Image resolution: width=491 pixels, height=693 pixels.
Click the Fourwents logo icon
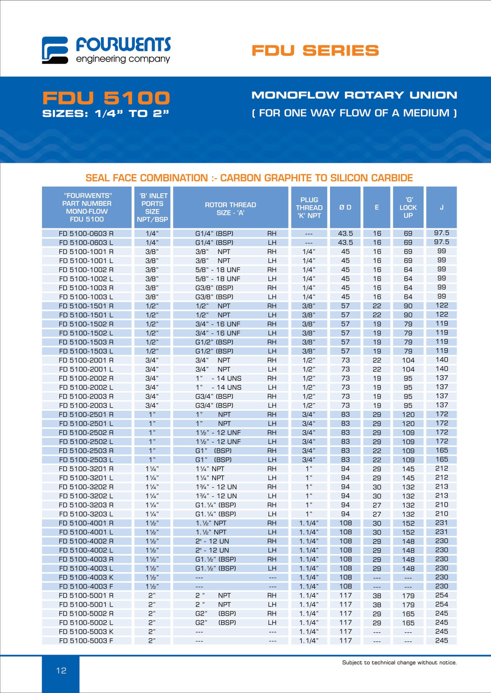click(x=55, y=50)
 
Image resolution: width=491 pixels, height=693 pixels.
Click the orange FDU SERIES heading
click(x=315, y=50)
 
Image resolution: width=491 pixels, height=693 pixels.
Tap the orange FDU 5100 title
click(x=106, y=98)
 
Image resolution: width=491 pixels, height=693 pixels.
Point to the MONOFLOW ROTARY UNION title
click(x=354, y=95)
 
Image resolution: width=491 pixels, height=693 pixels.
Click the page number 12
click(x=61, y=670)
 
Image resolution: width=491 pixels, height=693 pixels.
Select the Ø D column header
click(x=345, y=208)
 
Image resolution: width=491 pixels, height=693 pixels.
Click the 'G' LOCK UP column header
click(x=408, y=208)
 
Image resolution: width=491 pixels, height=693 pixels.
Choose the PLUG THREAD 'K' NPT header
click(x=309, y=208)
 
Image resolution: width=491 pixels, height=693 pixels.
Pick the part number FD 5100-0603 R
click(x=86, y=233)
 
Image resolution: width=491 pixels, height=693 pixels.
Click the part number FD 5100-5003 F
click(x=86, y=641)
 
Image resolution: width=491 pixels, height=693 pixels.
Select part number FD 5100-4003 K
click(x=86, y=577)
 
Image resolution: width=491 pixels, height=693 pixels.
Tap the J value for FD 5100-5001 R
click(x=441, y=595)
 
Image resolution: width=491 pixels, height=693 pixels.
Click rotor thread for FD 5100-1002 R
click(x=218, y=269)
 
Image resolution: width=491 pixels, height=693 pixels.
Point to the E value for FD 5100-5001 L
click(x=377, y=604)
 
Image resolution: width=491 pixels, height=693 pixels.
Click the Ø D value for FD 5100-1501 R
click(x=345, y=306)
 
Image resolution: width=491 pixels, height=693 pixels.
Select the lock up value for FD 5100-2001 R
click(x=408, y=360)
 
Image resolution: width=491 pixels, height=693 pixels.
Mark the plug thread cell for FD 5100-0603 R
click(x=309, y=234)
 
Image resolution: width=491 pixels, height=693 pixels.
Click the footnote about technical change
click(x=399, y=663)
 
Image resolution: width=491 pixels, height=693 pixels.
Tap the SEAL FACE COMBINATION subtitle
click(x=249, y=178)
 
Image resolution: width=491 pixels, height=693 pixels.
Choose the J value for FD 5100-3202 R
click(x=441, y=486)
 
